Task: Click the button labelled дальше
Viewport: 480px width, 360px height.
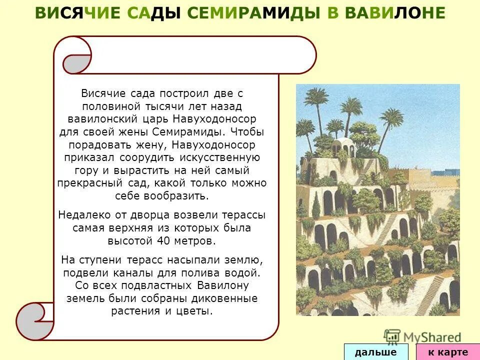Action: tap(375, 352)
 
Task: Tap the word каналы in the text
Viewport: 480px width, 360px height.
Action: tap(130, 273)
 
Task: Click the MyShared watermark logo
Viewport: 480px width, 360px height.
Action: tap(422, 336)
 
